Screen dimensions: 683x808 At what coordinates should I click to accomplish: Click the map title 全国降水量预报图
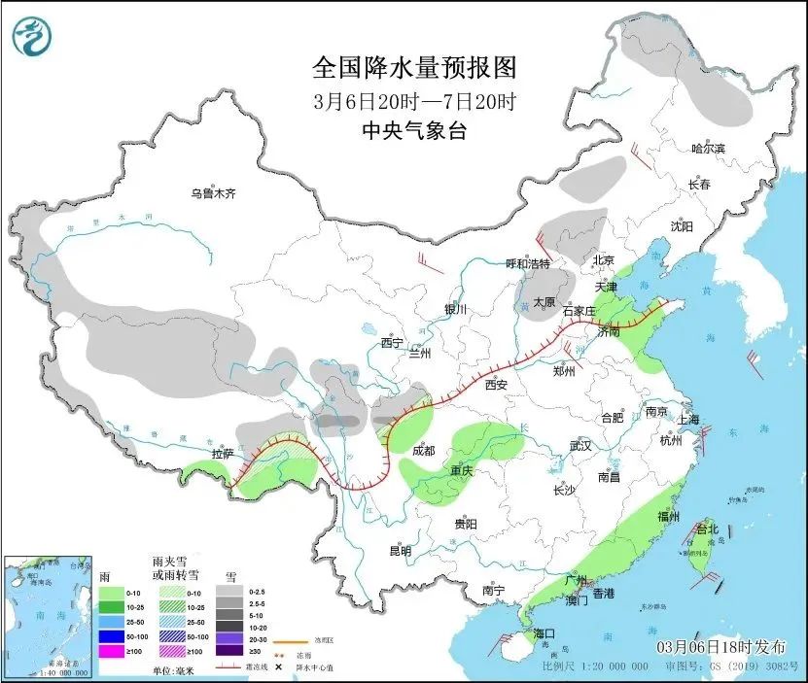point(413,68)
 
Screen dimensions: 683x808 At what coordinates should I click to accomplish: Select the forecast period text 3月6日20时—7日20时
point(413,100)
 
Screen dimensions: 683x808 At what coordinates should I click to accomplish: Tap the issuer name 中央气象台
point(413,131)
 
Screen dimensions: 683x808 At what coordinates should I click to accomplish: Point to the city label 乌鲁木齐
point(213,194)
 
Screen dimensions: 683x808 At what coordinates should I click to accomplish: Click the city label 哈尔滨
point(708,149)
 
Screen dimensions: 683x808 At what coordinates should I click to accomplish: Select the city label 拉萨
point(223,454)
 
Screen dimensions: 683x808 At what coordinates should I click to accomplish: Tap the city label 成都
point(423,451)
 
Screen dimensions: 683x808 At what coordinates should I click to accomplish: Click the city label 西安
point(497,385)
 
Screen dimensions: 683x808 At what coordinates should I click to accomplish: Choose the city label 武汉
point(580,446)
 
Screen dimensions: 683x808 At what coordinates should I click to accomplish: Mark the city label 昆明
point(401,551)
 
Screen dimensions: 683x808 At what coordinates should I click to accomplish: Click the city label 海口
point(545,633)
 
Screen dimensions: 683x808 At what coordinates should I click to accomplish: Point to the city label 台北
point(707,529)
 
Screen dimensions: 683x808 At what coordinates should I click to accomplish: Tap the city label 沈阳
point(682,226)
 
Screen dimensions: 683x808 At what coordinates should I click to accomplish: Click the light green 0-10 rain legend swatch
point(113,592)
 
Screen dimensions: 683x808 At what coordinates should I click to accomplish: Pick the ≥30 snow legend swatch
point(229,658)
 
